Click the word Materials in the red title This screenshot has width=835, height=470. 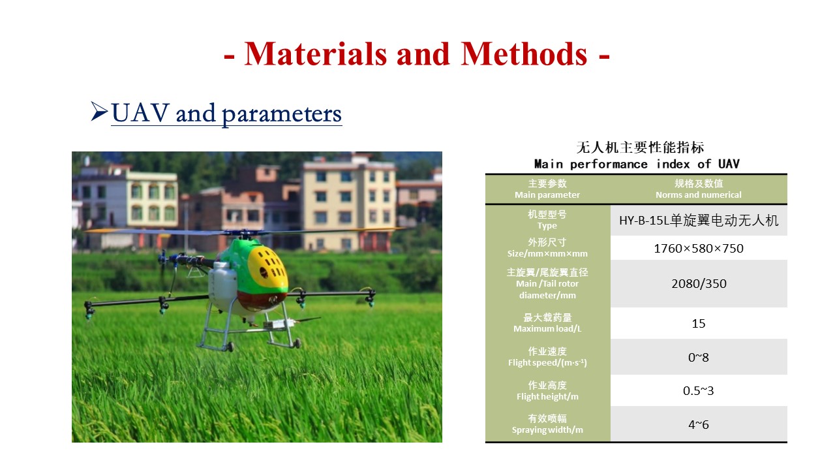point(316,54)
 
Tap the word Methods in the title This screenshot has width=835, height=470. point(524,54)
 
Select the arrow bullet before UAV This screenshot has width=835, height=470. point(99,112)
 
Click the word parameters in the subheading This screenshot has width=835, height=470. point(281,114)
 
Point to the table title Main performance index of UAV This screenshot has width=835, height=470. point(637,164)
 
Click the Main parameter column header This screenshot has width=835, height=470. point(547,195)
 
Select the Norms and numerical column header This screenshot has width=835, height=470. point(699,195)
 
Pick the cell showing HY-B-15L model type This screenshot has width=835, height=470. point(699,221)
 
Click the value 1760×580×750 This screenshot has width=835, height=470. point(699,249)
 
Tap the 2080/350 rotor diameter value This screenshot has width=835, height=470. point(699,284)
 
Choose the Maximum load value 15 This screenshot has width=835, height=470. point(699,323)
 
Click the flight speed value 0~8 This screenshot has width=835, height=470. point(699,357)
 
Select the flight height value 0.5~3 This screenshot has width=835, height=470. point(699,390)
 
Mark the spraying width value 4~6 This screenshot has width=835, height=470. point(699,424)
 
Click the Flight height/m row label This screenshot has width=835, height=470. point(547,396)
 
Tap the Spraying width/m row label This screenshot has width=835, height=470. point(547,430)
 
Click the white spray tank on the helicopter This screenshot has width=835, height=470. point(222,285)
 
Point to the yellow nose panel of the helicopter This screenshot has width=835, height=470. point(267,268)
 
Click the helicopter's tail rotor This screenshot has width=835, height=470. point(162,261)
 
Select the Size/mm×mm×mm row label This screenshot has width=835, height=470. point(547,254)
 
